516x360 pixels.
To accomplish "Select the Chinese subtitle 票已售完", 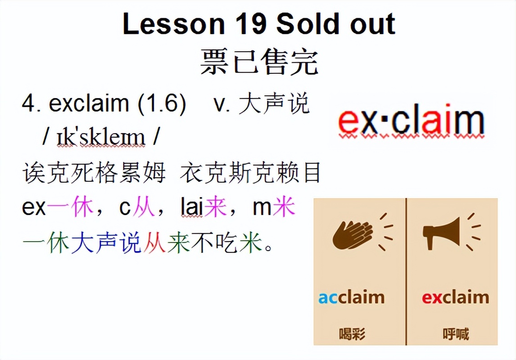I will point(259,62).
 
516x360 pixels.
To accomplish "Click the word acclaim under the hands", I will point(351,297).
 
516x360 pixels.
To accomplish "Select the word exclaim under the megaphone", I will point(455,297).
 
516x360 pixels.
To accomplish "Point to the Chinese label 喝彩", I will point(352,334).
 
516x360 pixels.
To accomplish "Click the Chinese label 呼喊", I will point(455,334).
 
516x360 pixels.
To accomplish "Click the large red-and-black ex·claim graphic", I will point(411,121).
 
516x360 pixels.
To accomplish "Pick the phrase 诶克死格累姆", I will point(94,174).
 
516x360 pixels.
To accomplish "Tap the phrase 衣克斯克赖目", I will point(250,174).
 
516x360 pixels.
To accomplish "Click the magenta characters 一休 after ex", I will point(70,208).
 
